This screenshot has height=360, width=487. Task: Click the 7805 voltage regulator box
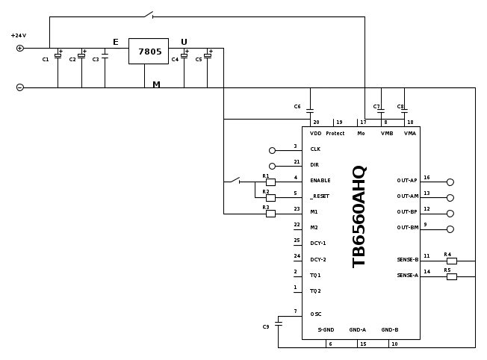click(x=149, y=51)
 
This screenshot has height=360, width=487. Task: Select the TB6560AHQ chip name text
click(x=359, y=217)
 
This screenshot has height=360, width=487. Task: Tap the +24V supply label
click(x=18, y=35)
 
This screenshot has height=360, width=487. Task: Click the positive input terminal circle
click(x=20, y=49)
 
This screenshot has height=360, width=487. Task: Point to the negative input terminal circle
click(x=20, y=87)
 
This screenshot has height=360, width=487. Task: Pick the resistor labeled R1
click(x=270, y=181)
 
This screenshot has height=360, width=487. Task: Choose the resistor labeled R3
click(x=270, y=213)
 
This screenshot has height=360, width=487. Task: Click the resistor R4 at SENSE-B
click(x=451, y=261)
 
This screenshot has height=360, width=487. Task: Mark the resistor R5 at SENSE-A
click(x=451, y=276)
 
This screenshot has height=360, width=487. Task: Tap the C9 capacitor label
click(x=266, y=326)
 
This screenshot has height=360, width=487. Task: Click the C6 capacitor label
click(x=297, y=107)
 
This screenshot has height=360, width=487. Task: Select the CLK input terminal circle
click(x=272, y=150)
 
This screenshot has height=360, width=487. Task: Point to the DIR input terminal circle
click(x=272, y=166)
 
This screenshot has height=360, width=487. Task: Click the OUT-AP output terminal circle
click(x=450, y=181)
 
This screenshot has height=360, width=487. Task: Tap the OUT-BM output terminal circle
click(x=450, y=229)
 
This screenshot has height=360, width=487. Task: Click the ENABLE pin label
click(x=320, y=180)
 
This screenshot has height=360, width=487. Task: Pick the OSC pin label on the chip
click(x=316, y=314)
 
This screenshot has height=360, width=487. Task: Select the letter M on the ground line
click(x=156, y=84)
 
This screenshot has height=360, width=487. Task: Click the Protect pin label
click(x=335, y=133)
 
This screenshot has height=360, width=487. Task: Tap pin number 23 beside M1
click(x=297, y=208)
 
